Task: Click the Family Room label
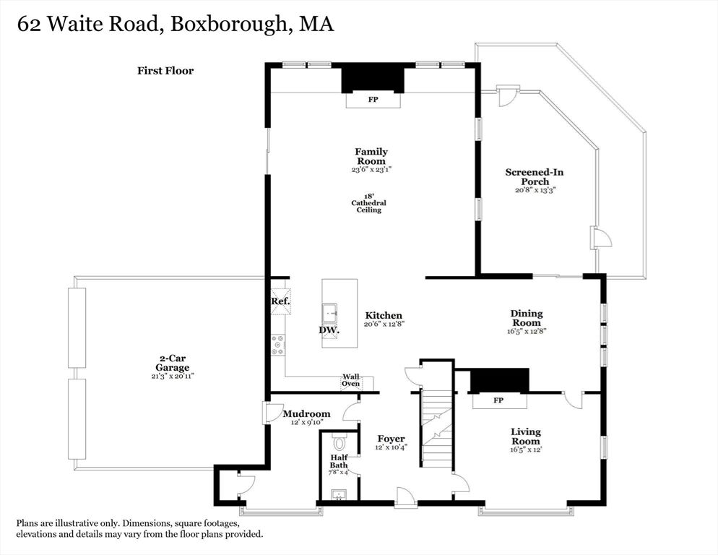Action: tap(371, 156)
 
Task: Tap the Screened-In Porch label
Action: tap(535, 177)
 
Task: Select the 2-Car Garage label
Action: tap(172, 363)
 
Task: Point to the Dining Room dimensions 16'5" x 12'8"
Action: tap(527, 331)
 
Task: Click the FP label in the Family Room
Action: tap(373, 99)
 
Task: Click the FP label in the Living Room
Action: tap(498, 400)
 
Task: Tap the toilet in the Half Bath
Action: tap(339, 443)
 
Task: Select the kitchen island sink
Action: tap(330, 313)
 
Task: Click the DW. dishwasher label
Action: tap(329, 330)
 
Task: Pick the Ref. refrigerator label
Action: tap(280, 301)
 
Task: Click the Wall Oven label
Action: tap(351, 380)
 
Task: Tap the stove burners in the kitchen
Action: tap(277, 345)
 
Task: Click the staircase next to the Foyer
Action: tap(437, 428)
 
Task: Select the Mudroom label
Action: tap(306, 414)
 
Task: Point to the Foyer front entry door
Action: tap(405, 497)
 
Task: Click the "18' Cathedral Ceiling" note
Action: tap(368, 202)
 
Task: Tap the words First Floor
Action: tap(165, 71)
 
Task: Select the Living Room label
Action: tap(526, 436)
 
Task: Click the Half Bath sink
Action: tap(339, 494)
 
